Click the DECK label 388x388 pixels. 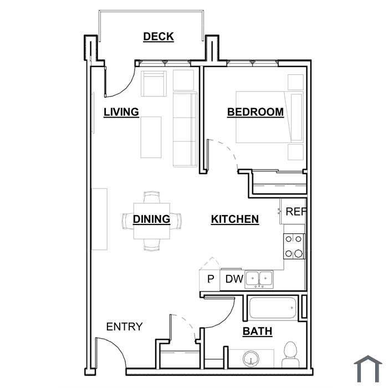point(159,37)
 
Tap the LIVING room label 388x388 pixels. point(121,112)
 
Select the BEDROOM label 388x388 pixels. point(256,112)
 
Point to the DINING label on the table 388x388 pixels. point(152,219)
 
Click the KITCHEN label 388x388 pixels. point(235,219)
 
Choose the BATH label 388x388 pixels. point(257,331)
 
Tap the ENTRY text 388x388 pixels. point(125,326)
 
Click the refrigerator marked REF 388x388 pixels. point(293,211)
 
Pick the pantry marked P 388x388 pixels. point(210,279)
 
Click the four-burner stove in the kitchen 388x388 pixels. point(294,246)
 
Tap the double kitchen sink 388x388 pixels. point(259,279)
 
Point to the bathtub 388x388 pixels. point(273,308)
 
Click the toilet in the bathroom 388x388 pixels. point(290,355)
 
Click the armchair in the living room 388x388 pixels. point(154,84)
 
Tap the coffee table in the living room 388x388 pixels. point(151,137)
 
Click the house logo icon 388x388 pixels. point(368,369)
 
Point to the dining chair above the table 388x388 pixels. point(152,197)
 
